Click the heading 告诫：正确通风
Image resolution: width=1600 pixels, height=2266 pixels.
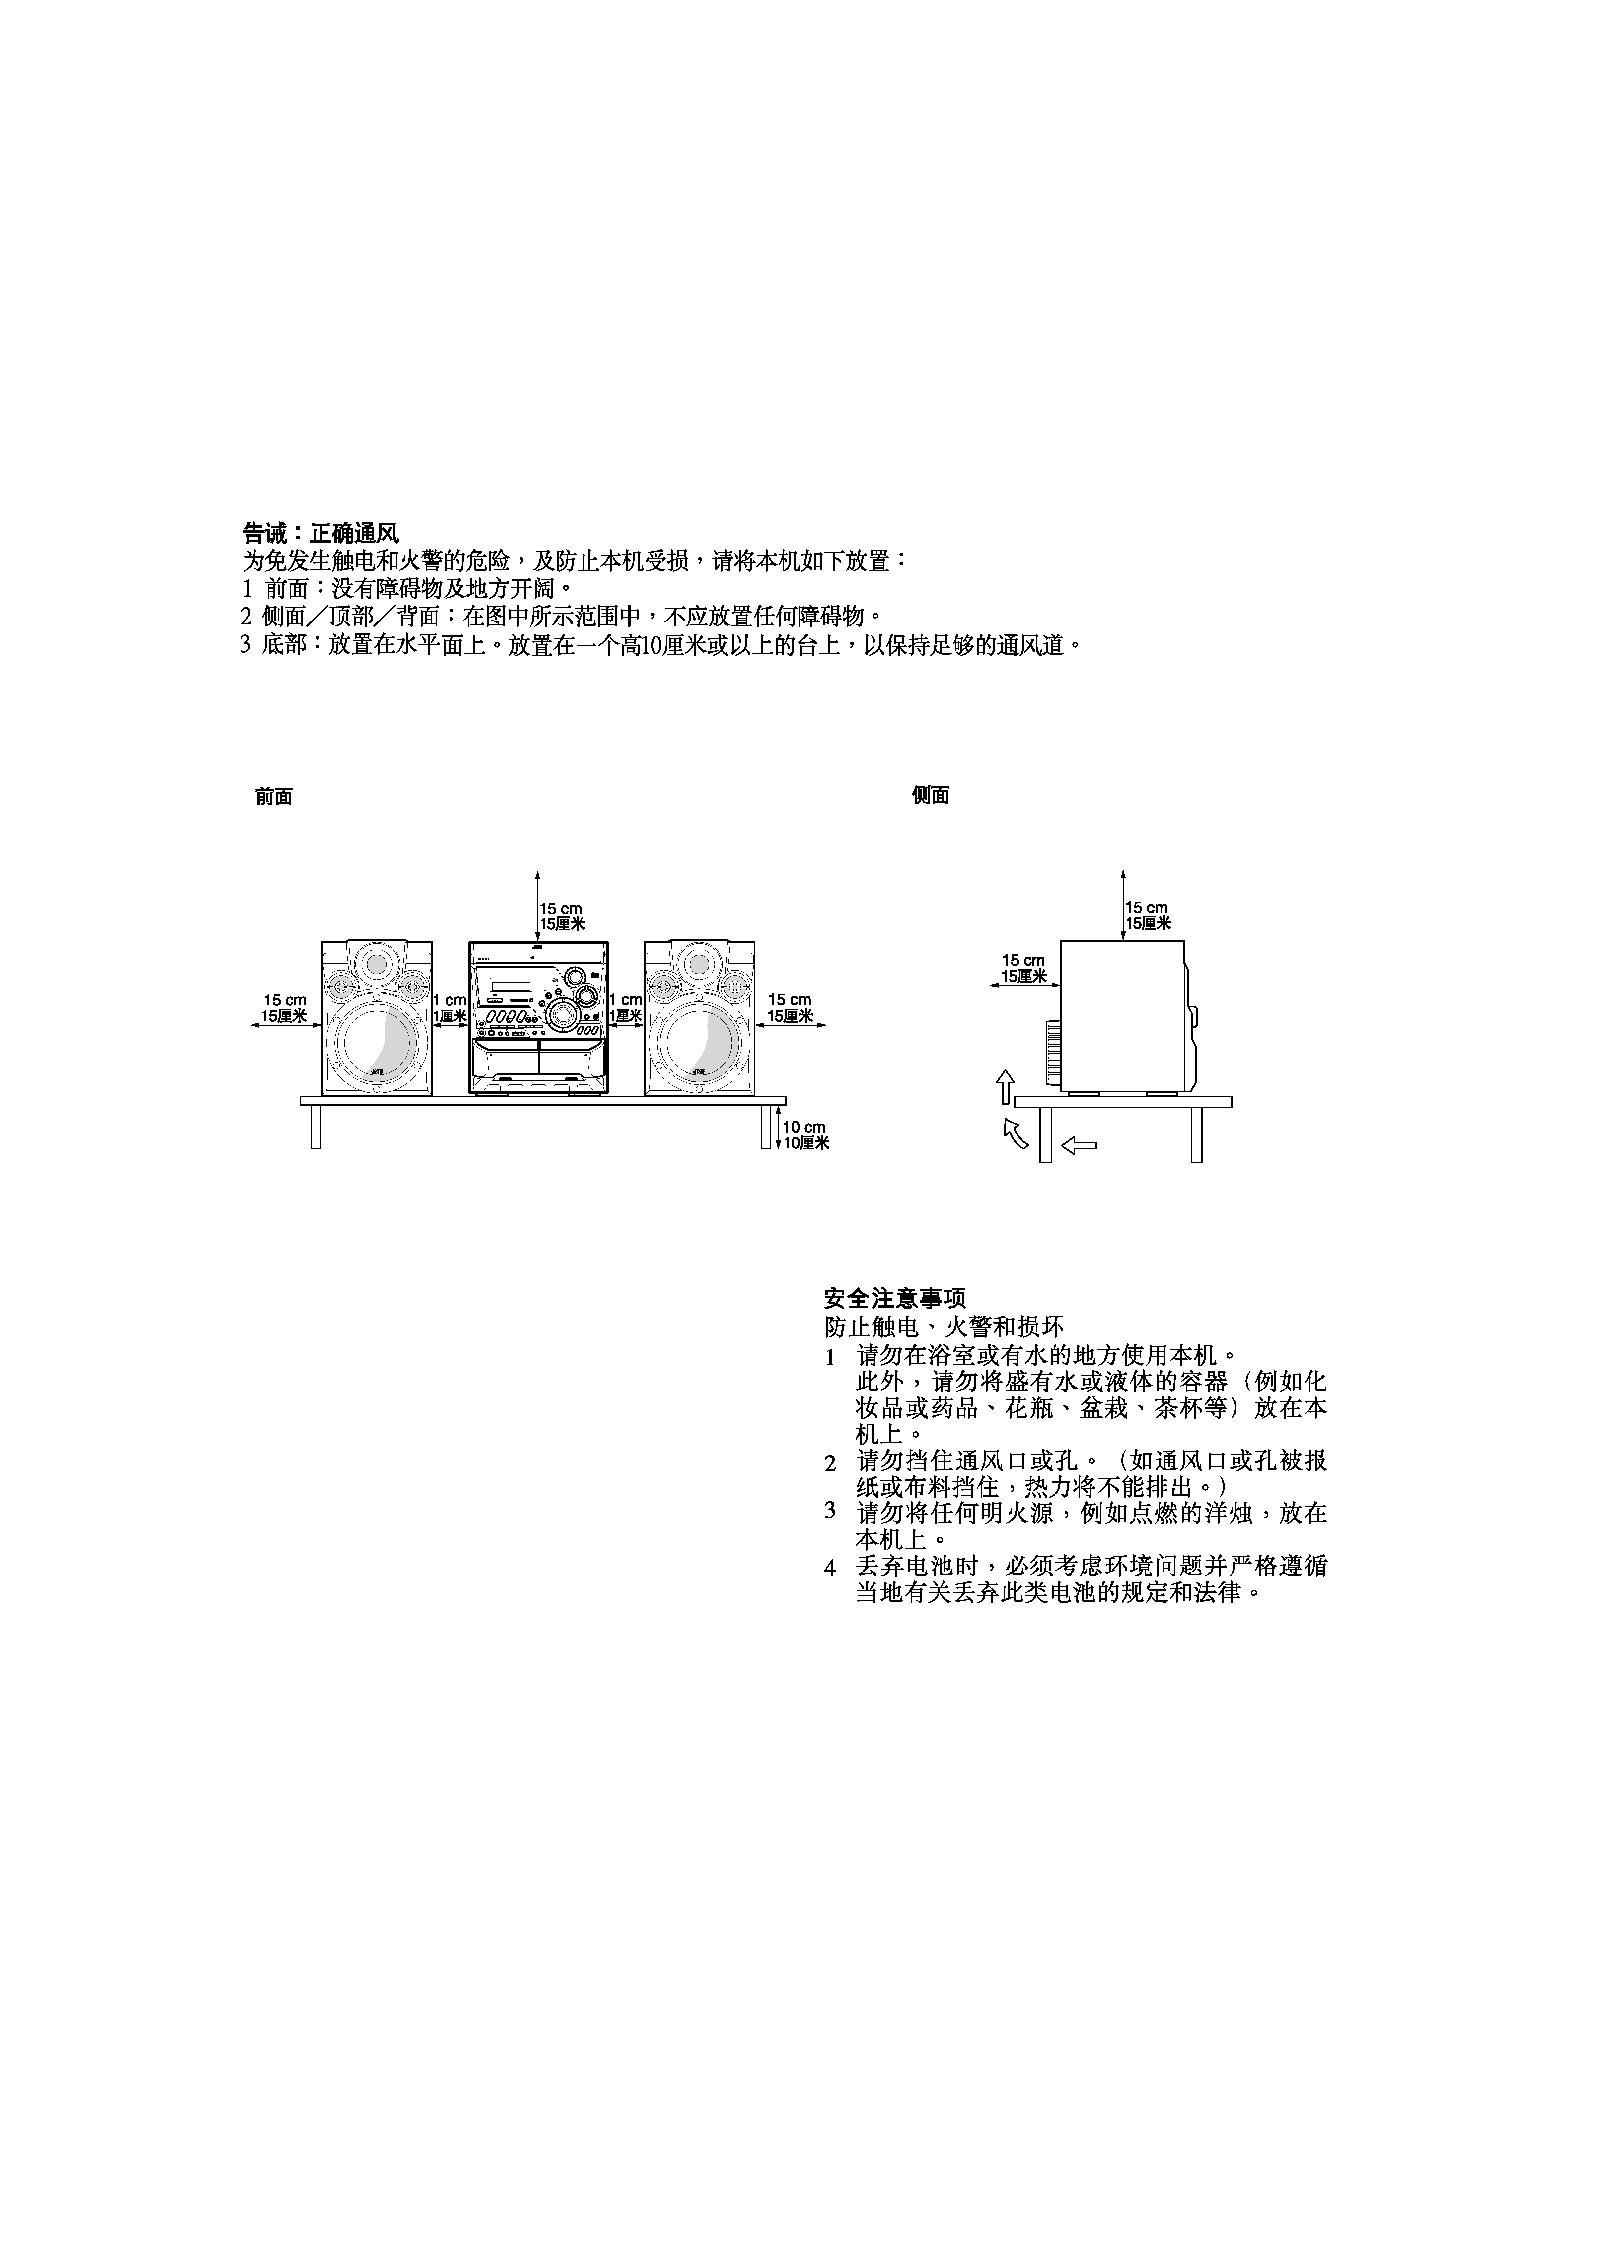(x=321, y=534)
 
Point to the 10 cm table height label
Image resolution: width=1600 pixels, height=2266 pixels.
(x=803, y=1127)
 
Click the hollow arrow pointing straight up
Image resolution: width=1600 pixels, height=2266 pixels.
(x=1005, y=1087)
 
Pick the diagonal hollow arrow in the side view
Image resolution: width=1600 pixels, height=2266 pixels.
(x=1016, y=1133)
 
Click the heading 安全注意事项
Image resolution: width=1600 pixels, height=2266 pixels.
(x=894, y=1299)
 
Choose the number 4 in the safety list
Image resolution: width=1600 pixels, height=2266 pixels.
(x=830, y=1567)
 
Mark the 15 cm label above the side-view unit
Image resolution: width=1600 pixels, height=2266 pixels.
(x=1146, y=908)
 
